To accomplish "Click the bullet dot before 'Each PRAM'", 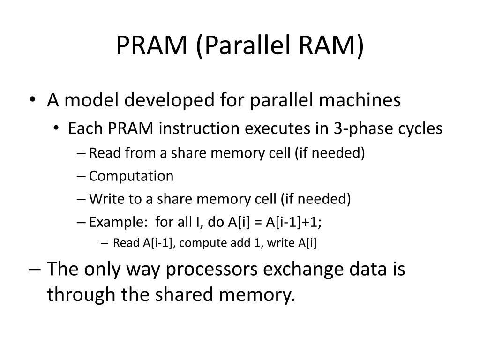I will click(57, 129).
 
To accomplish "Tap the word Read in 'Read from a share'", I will click(100, 153).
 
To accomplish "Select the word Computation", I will click(131, 176).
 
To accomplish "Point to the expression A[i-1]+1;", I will click(294, 222).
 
